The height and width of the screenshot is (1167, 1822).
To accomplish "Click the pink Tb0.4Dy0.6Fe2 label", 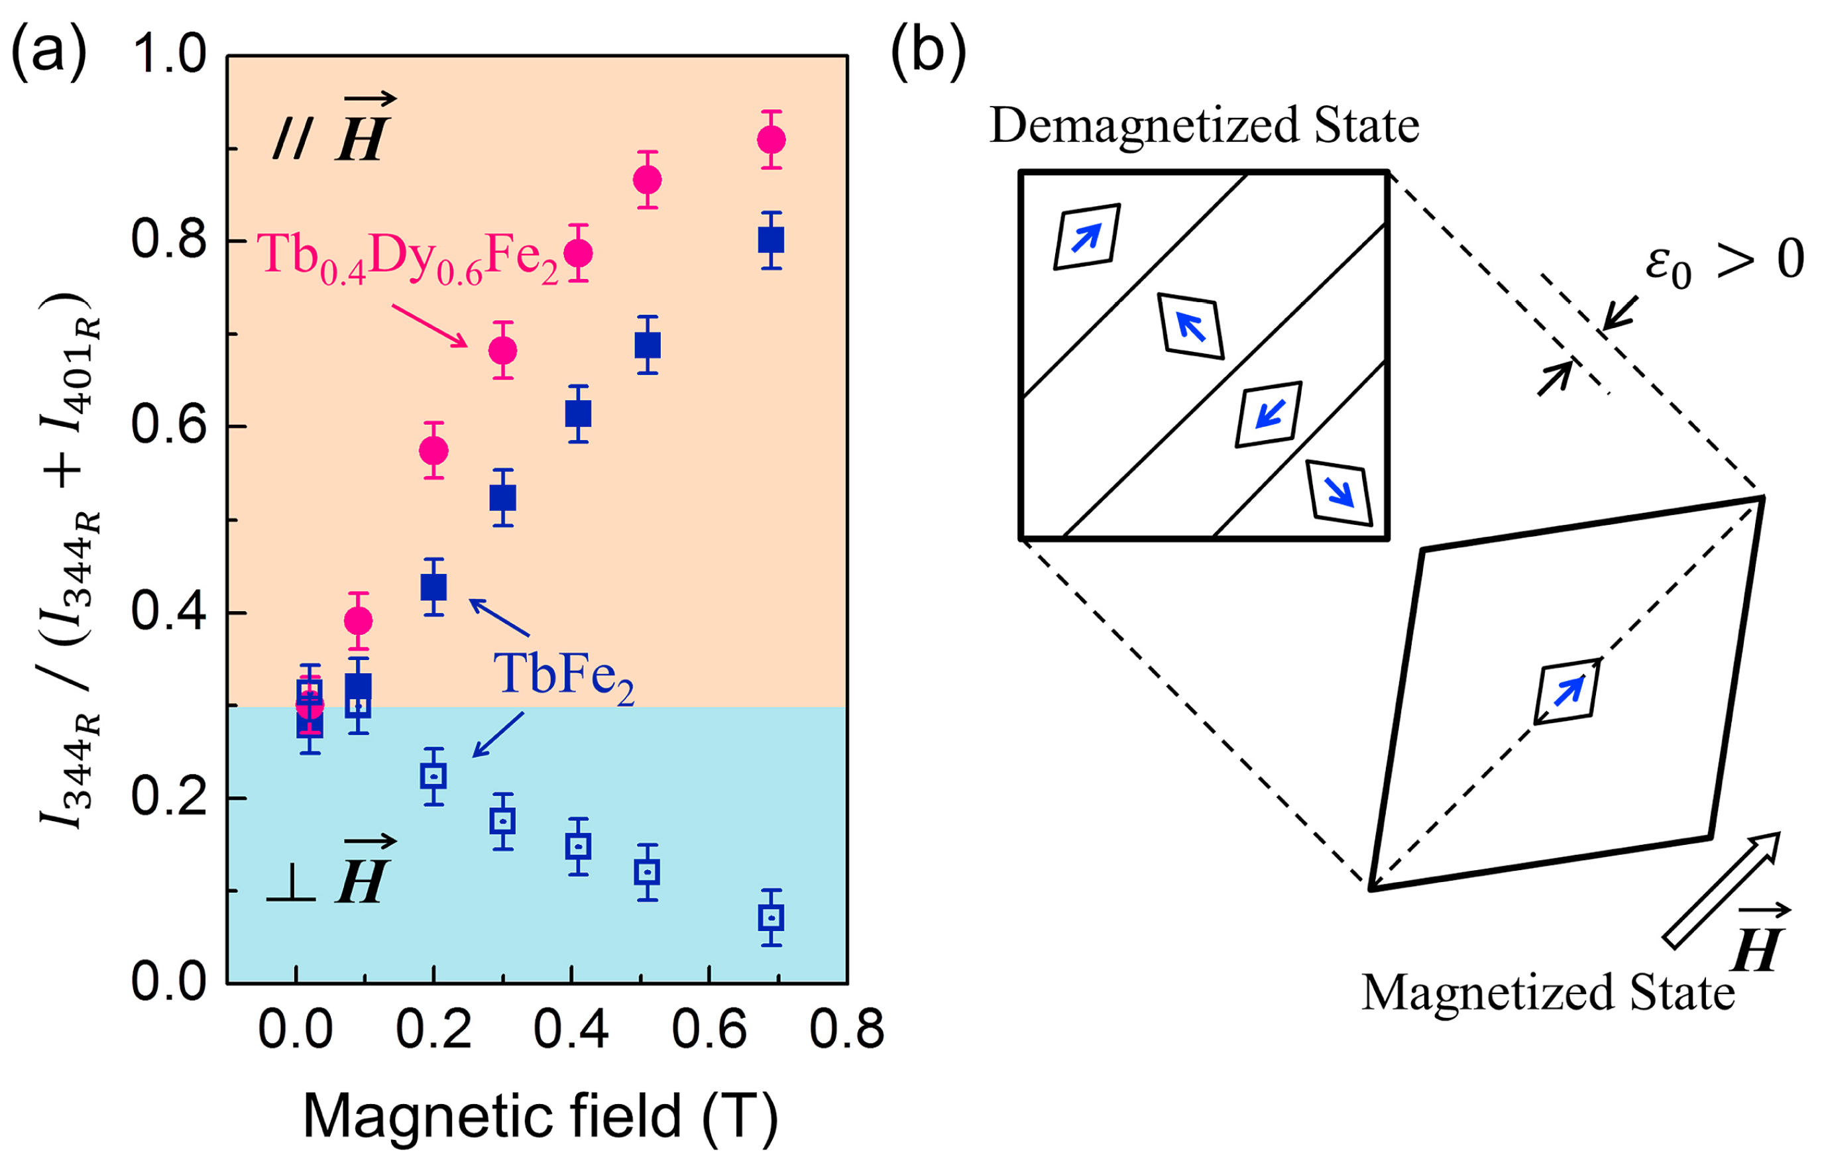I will (x=408, y=258).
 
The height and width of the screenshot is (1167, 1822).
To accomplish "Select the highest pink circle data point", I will (x=771, y=139).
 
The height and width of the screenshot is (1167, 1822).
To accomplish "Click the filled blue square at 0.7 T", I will (x=771, y=240).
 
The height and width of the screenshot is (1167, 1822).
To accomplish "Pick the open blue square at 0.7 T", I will (x=771, y=918).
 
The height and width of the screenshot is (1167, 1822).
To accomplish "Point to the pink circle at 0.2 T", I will (x=433, y=451).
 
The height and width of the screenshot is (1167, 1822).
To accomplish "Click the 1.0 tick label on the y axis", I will (x=168, y=54).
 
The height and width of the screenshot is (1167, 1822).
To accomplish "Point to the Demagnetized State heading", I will (x=1204, y=125).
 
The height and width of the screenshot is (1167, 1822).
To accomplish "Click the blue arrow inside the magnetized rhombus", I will (x=1568, y=691).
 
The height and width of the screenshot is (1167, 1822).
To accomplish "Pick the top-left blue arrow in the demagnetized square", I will (x=1086, y=237).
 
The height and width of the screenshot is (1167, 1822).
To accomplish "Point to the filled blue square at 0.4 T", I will (x=578, y=414).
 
